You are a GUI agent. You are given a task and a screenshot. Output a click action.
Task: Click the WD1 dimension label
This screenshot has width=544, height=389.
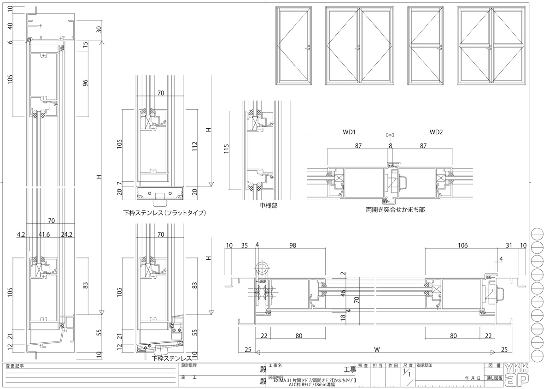[x=349, y=132]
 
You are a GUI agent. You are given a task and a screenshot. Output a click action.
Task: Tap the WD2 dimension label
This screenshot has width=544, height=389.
[x=436, y=132]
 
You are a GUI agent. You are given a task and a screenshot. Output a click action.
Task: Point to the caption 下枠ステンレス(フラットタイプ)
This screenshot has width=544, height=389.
[x=164, y=213]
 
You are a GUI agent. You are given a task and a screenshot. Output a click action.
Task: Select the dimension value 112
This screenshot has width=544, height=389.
[x=195, y=147]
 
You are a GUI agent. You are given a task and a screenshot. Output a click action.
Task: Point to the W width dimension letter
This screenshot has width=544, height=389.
[x=377, y=349]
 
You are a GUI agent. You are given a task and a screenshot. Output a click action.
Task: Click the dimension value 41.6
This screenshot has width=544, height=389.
[x=44, y=234]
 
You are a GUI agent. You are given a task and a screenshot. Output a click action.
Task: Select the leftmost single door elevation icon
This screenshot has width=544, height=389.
[x=294, y=46]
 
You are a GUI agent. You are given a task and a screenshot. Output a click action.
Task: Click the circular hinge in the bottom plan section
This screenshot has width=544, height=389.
[x=262, y=269]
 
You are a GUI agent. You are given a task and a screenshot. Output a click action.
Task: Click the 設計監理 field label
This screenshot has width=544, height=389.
[x=189, y=365]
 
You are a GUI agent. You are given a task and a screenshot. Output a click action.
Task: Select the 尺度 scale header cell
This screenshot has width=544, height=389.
[x=407, y=365]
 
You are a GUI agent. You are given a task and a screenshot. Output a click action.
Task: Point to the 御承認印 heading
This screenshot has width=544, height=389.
[x=424, y=365]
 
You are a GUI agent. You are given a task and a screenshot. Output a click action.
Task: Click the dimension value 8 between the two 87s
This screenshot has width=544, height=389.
[x=390, y=146]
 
